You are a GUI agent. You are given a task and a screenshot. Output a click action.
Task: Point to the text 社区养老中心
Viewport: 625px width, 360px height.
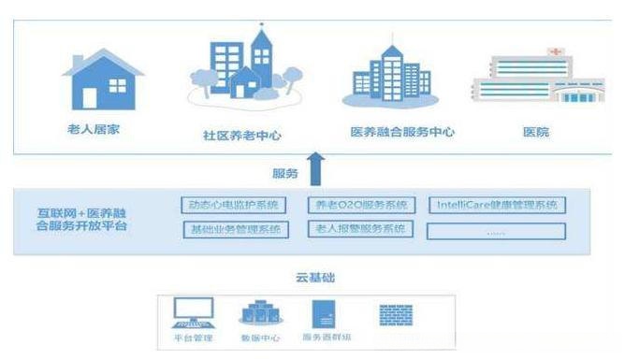[243, 135]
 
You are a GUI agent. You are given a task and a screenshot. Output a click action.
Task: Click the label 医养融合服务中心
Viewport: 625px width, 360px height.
[401, 132]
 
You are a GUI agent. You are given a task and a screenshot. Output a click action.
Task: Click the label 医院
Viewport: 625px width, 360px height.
[536, 132]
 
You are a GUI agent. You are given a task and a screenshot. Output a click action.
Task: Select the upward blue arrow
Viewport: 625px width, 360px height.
[315, 169]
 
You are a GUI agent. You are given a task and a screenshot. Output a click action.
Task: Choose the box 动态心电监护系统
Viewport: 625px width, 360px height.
[232, 205]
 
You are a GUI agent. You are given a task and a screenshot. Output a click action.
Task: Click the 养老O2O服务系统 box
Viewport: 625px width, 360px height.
[360, 205]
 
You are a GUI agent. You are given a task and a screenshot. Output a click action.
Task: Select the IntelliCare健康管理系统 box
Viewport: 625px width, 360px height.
[497, 205]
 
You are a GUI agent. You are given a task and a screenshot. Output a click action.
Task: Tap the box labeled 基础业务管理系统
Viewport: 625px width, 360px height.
[232, 229]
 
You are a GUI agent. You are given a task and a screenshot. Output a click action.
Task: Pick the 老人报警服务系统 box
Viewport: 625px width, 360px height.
[360, 229]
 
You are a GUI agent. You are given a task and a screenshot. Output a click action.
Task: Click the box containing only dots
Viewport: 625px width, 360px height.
[497, 230]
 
